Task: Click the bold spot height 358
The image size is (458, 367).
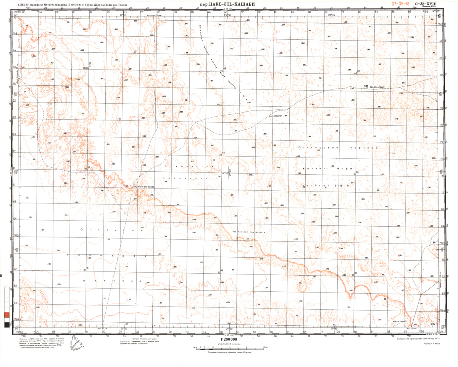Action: [x=68, y=88]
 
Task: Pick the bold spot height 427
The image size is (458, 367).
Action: [x=432, y=324]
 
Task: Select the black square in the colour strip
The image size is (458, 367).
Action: [x=6, y=325]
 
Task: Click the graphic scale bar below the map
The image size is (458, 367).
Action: [x=228, y=348]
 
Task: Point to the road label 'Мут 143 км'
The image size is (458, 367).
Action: [x=413, y=328]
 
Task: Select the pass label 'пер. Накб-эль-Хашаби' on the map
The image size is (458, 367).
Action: [x=144, y=187]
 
